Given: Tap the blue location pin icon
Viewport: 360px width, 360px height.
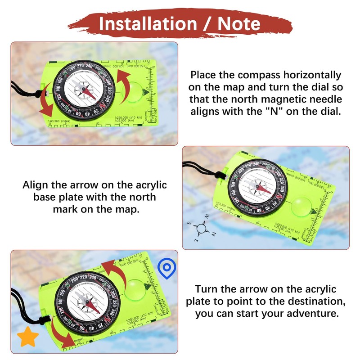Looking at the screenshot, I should point(166,269).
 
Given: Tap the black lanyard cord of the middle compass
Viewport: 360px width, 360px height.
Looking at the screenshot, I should point(202,170).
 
